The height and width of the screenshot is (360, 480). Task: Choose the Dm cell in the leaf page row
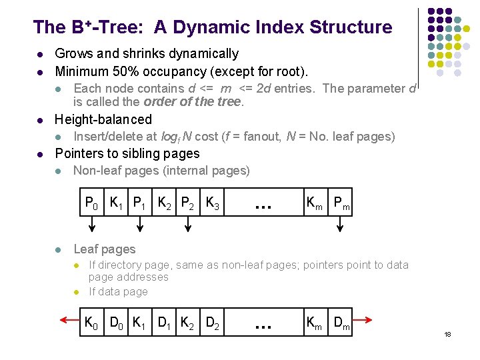click(341, 324)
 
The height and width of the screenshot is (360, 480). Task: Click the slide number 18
click(447, 333)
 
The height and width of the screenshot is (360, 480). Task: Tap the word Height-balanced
click(103, 119)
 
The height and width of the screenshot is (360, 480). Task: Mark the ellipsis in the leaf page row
click(263, 325)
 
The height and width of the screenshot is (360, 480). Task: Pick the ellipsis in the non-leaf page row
click(263, 205)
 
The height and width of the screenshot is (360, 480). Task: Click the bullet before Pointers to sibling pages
click(40, 154)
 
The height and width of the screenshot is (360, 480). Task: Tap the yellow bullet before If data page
click(77, 292)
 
